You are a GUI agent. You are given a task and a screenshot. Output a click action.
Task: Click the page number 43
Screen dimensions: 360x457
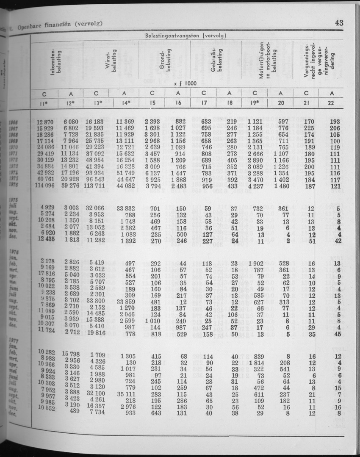[338, 22]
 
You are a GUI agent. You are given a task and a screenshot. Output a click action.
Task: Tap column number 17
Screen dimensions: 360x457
[204, 103]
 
